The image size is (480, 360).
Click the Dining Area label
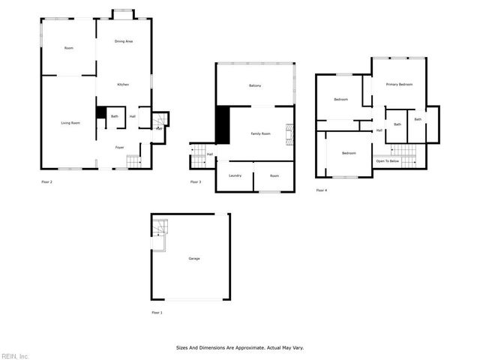click(124, 41)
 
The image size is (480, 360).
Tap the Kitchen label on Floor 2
click(123, 85)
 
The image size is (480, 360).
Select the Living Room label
click(70, 122)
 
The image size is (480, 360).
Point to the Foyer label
click(119, 147)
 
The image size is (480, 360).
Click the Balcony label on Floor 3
click(255, 85)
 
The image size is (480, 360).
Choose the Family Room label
click(260, 133)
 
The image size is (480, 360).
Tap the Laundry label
click(235, 175)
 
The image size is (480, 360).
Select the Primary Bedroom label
click(400, 84)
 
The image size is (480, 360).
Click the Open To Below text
click(387, 161)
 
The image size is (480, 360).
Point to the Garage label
click(194, 259)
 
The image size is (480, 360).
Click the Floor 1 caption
click(157, 312)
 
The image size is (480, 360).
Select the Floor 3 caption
click(195, 182)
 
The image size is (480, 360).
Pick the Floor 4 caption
click(322, 190)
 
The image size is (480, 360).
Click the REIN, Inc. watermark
click(14, 355)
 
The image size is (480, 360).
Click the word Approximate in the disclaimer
click(247, 348)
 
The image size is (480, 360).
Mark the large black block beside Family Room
click(222, 124)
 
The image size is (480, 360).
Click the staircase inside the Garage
click(158, 228)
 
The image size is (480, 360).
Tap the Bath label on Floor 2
click(115, 116)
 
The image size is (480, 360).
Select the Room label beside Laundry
click(274, 175)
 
